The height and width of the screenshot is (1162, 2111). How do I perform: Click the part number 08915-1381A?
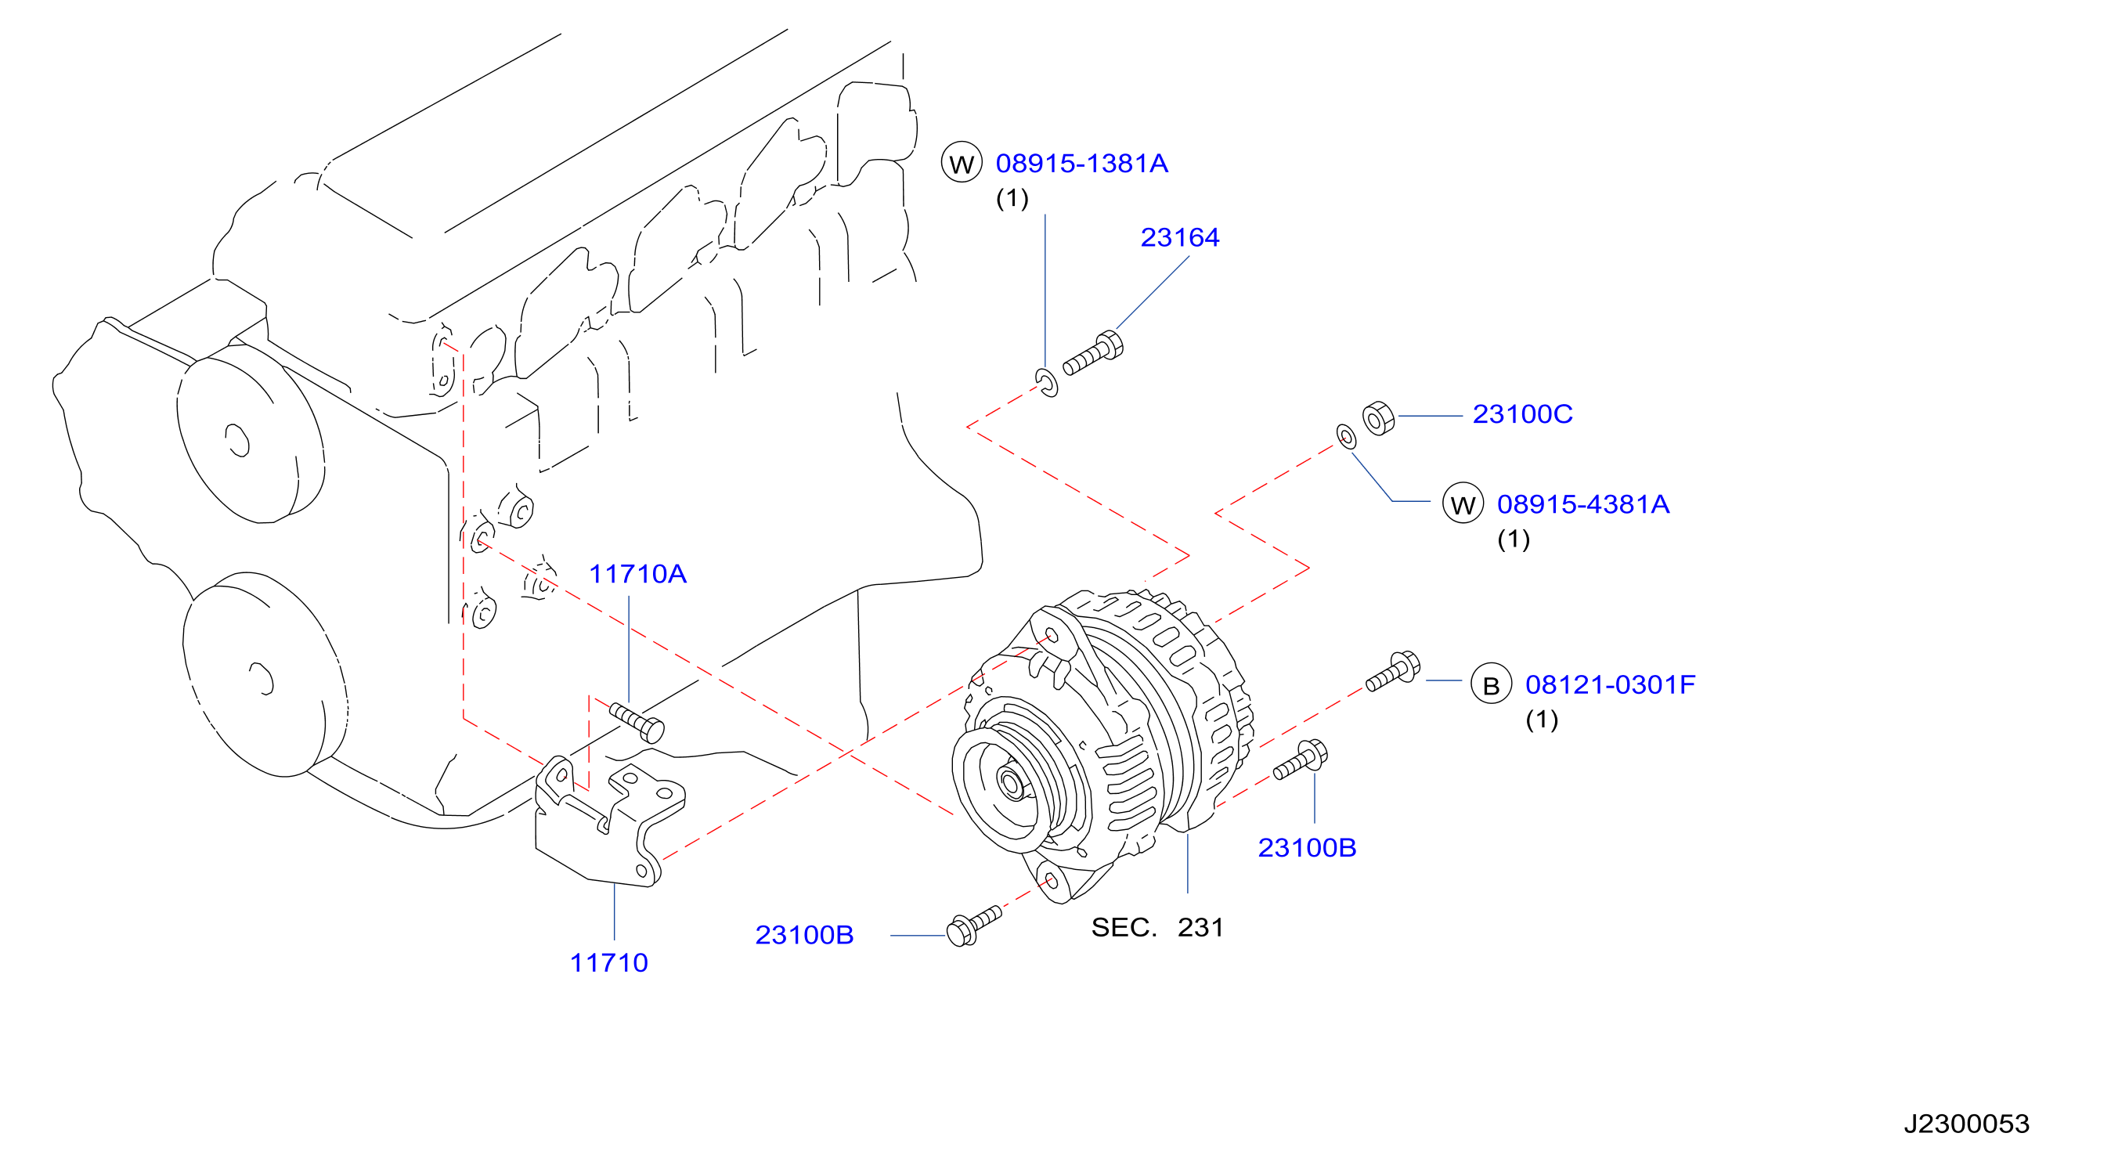(x=1081, y=164)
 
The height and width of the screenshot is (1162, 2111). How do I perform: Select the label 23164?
(x=1179, y=237)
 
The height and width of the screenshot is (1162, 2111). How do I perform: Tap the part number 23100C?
(x=1522, y=415)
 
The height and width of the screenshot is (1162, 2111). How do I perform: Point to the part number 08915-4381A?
(x=1582, y=505)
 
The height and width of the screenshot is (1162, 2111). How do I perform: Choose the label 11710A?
(x=637, y=575)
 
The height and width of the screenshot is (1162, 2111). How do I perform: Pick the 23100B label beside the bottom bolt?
(x=804, y=935)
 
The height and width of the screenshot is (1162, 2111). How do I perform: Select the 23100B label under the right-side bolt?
(x=1307, y=848)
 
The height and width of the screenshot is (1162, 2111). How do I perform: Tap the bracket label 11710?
(x=608, y=963)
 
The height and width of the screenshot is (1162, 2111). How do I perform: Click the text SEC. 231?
(x=1157, y=928)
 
